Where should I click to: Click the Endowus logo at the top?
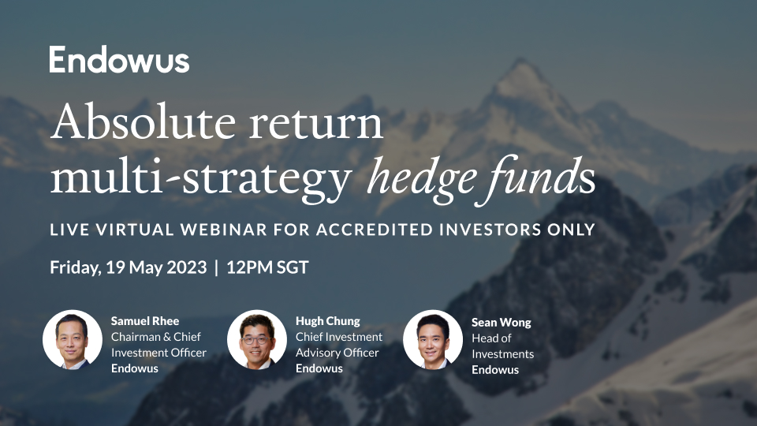(119, 60)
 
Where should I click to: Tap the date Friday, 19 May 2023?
(127, 267)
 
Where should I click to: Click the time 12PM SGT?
(267, 267)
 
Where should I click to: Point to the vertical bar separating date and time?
(216, 267)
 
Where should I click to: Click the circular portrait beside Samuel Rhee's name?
(73, 339)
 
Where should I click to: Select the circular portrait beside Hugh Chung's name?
(257, 339)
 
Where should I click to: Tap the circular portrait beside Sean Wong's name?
(433, 339)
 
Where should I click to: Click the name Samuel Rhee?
(145, 321)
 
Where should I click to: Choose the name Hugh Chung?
(327, 321)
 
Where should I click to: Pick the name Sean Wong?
(501, 322)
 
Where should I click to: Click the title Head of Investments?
(502, 346)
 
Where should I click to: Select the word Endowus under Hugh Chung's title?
(319, 368)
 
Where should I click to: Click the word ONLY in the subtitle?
(570, 230)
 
